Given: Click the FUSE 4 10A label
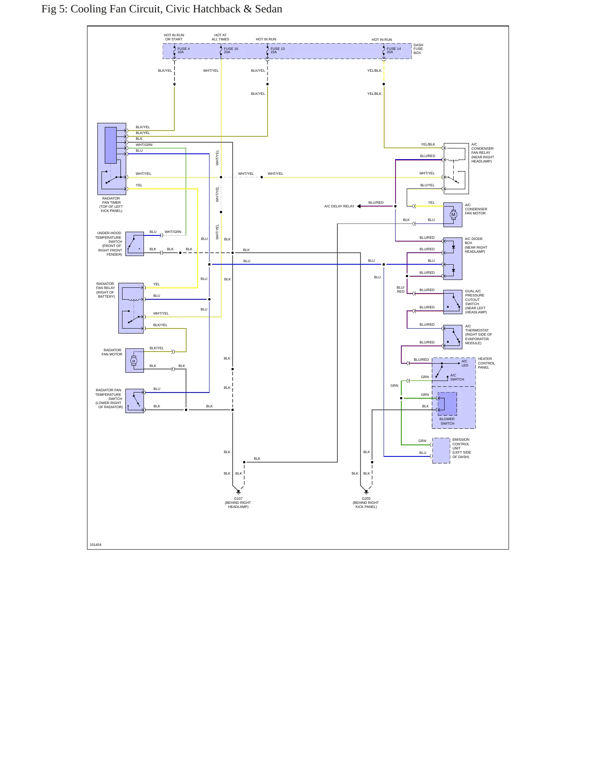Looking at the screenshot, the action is point(184,50).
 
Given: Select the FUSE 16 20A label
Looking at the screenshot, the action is point(231,50).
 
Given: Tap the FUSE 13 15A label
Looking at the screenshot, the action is point(278,50).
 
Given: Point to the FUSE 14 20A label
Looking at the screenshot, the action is point(393,50).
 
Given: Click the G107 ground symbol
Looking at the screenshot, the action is point(238,492).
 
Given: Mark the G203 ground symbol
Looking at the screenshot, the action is point(366,492).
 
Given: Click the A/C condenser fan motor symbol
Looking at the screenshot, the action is point(453,214).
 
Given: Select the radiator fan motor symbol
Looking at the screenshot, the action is point(133,361).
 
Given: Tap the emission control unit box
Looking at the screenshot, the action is point(441,451).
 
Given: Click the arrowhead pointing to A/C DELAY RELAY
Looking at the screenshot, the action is point(359,206).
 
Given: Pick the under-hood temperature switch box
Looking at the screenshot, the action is point(134,244).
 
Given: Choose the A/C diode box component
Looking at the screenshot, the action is point(453,259).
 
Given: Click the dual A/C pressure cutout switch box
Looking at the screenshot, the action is point(453,302).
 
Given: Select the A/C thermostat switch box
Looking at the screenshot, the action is point(453,337).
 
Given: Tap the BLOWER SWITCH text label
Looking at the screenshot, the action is point(447,421).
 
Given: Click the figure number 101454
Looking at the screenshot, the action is point(96,545).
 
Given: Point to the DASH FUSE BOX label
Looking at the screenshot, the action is point(418,49).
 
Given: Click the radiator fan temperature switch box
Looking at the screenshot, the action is point(134,401).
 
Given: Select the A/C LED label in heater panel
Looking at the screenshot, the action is point(465,363).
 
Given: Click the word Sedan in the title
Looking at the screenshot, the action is point(269,9).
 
